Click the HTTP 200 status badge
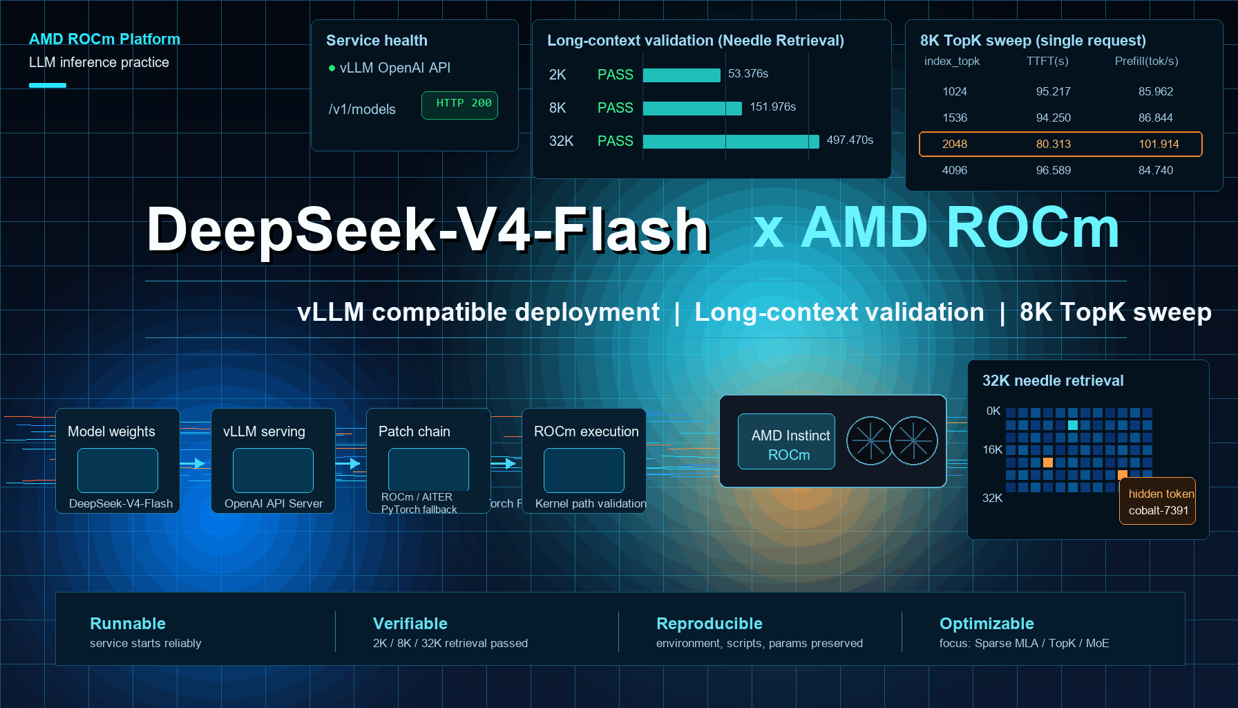pyautogui.click(x=459, y=105)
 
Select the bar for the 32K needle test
pyautogui.click(x=731, y=141)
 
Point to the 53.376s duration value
pyautogui.click(x=748, y=73)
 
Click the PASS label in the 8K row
pyautogui.click(x=615, y=108)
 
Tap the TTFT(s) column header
pyautogui.click(x=1047, y=61)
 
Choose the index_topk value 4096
pyautogui.click(x=954, y=170)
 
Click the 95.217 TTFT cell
pyautogui.click(x=1053, y=91)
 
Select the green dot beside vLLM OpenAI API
pyautogui.click(x=332, y=68)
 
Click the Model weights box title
pyautogui.click(x=111, y=431)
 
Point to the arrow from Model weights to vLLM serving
pyautogui.click(x=193, y=463)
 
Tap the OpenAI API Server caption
pyautogui.click(x=274, y=503)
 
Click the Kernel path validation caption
pyautogui.click(x=591, y=503)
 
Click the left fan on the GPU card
pyautogui.click(x=870, y=440)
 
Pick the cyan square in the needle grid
pyautogui.click(x=1072, y=425)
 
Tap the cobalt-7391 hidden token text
pyautogui.click(x=1159, y=510)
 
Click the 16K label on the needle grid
pyautogui.click(x=992, y=449)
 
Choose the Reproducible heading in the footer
pyautogui.click(x=709, y=624)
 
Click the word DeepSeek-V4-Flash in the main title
pyautogui.click(x=428, y=230)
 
